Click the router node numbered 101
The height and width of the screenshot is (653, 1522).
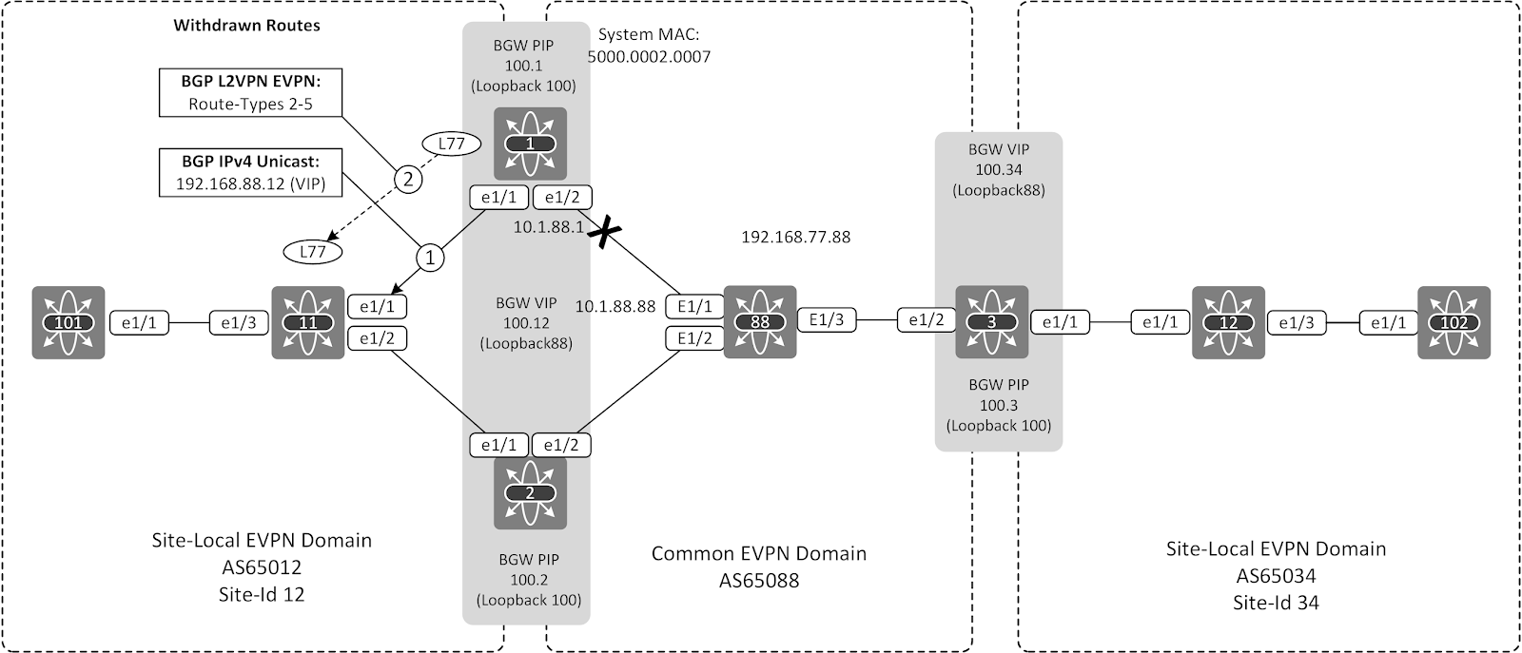(x=68, y=322)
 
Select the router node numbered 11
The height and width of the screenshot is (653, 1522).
(x=307, y=322)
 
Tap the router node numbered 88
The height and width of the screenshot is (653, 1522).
(x=759, y=322)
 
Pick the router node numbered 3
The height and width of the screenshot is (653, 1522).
(x=992, y=322)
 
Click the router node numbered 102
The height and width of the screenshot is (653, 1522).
(x=1454, y=322)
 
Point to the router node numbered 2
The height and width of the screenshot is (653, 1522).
(x=530, y=493)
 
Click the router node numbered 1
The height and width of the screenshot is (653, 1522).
(x=530, y=144)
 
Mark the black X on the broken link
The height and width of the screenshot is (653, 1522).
(x=599, y=232)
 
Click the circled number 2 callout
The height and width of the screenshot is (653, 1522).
(x=407, y=179)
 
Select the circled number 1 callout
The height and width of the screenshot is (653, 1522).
(x=430, y=257)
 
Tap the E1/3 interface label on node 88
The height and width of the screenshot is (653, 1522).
(x=826, y=320)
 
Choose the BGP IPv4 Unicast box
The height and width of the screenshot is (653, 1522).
(x=250, y=172)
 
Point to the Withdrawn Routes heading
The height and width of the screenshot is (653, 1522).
(x=246, y=26)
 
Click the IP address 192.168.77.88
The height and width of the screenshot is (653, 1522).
(x=795, y=237)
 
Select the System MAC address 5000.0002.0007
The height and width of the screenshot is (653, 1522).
(x=649, y=57)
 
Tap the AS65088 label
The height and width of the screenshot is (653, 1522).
(x=758, y=580)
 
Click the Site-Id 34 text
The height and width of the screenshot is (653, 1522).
(x=1275, y=603)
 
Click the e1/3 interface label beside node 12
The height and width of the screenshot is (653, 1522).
(x=1295, y=323)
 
